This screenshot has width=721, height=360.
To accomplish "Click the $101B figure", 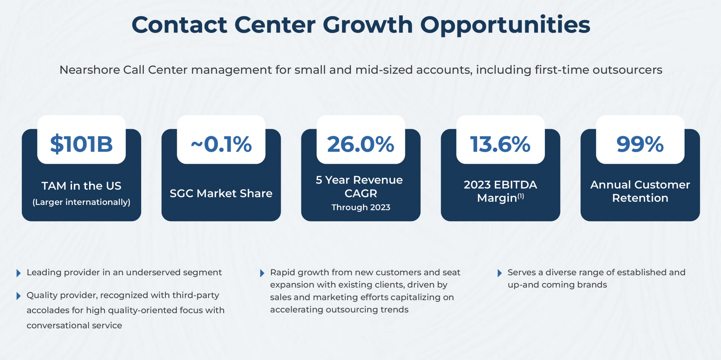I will coord(81,144).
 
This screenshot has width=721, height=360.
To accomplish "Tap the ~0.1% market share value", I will coord(221,144).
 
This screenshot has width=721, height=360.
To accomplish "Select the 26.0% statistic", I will coord(360,144).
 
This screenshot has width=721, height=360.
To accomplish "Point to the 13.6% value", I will coord(500,144).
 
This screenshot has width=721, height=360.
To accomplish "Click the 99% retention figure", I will coord(640,144).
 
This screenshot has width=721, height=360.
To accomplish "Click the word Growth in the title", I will coord(368,25).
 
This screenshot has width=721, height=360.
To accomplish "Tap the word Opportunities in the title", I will coord(505,25).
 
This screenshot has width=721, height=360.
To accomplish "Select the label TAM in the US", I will coord(81,186).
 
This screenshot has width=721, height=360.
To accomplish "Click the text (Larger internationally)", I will coord(81,202).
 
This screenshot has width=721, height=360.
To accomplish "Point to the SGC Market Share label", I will coord(221,193).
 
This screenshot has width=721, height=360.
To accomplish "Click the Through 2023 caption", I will coord(360,207).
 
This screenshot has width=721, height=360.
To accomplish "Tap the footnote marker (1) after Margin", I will coord(521,196).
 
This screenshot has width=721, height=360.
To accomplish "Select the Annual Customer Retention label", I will coord(640,191).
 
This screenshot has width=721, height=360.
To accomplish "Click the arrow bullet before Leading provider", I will coord(19,273).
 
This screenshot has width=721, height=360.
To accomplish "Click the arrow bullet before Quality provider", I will coord(19,296).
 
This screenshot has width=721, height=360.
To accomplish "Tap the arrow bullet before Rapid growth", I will coord(262,273).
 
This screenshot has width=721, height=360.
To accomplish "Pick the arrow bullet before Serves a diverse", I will coord(500,273).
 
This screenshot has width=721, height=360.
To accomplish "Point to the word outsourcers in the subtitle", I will coord(627,70).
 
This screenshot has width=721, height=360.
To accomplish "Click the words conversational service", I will coord(74,325).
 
